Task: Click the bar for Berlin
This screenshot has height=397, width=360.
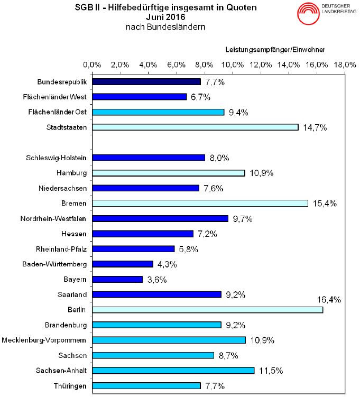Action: (208, 310)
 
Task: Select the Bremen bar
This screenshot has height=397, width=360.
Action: (200, 204)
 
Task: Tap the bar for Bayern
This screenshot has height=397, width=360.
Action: (117, 279)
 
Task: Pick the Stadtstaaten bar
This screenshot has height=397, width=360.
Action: (196, 127)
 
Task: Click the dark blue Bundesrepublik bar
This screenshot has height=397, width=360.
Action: (146, 82)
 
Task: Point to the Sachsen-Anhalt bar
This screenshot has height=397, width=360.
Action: (173, 371)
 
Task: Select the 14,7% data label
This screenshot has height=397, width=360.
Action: (315, 127)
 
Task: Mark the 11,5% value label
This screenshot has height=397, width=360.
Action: (270, 371)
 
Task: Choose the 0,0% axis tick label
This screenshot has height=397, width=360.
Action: (93, 64)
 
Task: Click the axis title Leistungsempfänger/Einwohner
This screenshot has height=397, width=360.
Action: (275, 50)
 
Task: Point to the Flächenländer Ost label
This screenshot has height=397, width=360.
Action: (57, 112)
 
